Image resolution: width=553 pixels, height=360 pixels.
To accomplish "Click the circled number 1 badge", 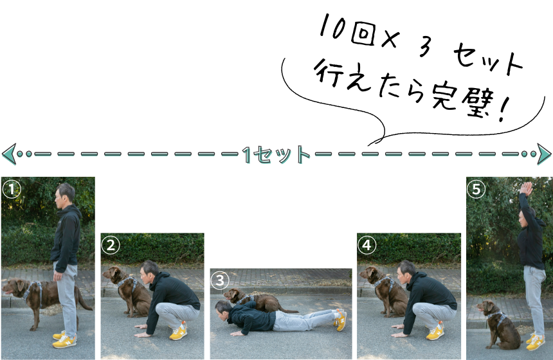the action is tap(12, 190).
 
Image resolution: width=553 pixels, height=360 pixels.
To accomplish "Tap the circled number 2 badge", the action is tap(111, 245).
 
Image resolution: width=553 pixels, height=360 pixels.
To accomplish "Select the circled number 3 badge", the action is tap(220, 280).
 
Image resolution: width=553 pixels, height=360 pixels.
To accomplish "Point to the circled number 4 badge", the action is tap(367, 245).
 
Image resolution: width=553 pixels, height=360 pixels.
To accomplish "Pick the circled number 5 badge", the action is tap(476, 190).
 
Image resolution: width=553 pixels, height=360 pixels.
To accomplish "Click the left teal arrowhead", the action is tap(9, 154).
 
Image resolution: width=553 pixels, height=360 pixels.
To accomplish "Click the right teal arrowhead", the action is tap(544, 154).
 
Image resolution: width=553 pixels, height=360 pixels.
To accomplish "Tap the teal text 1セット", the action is tap(276, 154).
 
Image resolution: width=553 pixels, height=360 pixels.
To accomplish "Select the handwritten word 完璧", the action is tap(462, 100).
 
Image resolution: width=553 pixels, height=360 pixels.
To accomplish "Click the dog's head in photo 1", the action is tap(14, 287).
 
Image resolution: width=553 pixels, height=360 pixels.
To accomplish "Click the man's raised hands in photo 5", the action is tap(526, 188).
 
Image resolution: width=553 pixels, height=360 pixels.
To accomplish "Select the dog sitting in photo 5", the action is tap(499, 325).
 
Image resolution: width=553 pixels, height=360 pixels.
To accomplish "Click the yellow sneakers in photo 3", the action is tap(340, 319).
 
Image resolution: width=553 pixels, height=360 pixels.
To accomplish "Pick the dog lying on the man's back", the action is tap(259, 300).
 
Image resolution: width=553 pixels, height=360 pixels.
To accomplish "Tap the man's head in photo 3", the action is tap(223, 310).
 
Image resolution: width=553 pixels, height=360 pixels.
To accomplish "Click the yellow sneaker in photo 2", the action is tap(178, 332).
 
